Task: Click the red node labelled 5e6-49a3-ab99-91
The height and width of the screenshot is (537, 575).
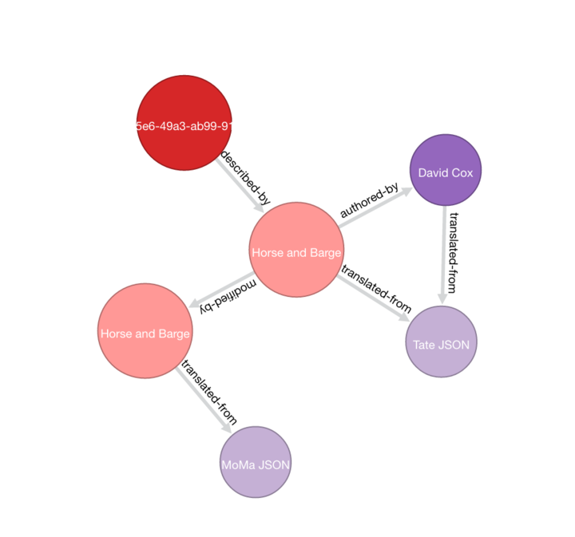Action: coord(184,123)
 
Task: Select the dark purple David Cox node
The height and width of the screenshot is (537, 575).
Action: coord(445,170)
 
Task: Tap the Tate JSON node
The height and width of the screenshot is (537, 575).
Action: coord(441,342)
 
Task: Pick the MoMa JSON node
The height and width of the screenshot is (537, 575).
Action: coord(256,462)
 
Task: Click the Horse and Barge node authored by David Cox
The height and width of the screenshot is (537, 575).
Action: coord(296,250)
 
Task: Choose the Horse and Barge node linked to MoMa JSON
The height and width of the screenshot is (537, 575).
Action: coord(145,330)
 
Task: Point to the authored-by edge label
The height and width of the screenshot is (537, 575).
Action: coord(369,200)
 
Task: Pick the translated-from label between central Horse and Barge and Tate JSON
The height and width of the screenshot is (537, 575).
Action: coord(376,288)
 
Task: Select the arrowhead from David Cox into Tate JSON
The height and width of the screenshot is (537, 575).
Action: coord(442,298)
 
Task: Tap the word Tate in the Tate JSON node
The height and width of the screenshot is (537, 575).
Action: coord(425,345)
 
